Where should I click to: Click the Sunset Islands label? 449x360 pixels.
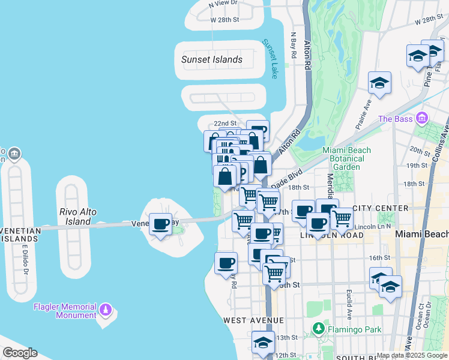pyautogui.click(x=212, y=59)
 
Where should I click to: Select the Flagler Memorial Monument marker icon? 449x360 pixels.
pyautogui.click(x=106, y=310)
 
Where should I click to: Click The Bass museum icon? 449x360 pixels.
pyautogui.click(x=422, y=118)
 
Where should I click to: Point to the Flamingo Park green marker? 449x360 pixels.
pyautogui.click(x=318, y=329)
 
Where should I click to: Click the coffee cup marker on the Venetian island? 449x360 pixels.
pyautogui.click(x=160, y=224)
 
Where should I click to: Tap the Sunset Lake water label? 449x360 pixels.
pyautogui.click(x=271, y=59)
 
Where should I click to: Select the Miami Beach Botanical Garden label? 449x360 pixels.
pyautogui.click(x=346, y=158)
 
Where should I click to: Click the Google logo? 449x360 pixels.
pyautogui.click(x=19, y=353)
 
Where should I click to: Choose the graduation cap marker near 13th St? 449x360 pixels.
pyautogui.click(x=263, y=342)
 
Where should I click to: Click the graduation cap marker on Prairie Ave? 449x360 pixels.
pyautogui.click(x=379, y=83)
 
